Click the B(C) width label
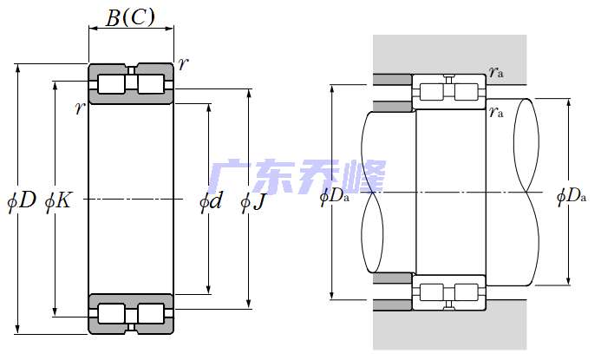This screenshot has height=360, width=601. click(x=130, y=17)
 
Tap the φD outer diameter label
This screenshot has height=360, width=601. click(x=22, y=201)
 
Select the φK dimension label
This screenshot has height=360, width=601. click(x=58, y=201)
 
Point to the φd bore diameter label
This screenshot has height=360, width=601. click(x=211, y=202)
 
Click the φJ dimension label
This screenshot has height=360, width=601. click(x=252, y=202)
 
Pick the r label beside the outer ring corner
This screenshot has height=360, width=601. click(x=182, y=63)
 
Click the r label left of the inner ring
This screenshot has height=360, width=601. click(x=80, y=108)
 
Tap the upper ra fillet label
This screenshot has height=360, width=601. click(x=496, y=72)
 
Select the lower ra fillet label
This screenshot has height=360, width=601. click(x=496, y=111)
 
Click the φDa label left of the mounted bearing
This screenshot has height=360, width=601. click(x=335, y=196)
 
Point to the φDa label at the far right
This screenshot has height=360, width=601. click(x=572, y=196)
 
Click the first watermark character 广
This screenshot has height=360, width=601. click(x=231, y=178)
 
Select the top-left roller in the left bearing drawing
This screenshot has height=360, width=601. click(x=110, y=83)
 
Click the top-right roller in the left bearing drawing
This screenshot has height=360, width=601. click(x=151, y=83)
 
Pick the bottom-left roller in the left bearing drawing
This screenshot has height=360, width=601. click(x=110, y=313)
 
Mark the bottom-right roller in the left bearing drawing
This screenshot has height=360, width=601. click(x=151, y=313)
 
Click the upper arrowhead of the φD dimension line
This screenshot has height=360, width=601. click(x=19, y=68)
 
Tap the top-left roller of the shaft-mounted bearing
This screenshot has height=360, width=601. click(x=430, y=91)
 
